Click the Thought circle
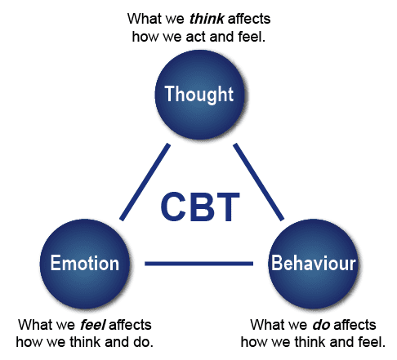point(199,95)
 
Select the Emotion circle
point(84,264)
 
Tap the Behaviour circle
point(313,264)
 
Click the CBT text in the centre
point(200,207)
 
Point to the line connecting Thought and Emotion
point(145,182)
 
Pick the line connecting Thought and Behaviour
point(259,182)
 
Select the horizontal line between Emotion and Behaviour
point(198,264)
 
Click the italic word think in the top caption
point(207,19)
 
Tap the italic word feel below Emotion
point(93,325)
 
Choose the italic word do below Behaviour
point(321,325)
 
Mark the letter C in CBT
point(173,207)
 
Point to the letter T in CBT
point(228,207)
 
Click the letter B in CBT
point(202,207)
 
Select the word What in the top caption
point(143,19)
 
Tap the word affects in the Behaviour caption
point(355,325)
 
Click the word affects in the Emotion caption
point(130,325)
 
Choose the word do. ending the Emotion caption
point(143,342)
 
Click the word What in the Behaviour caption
point(266,325)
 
